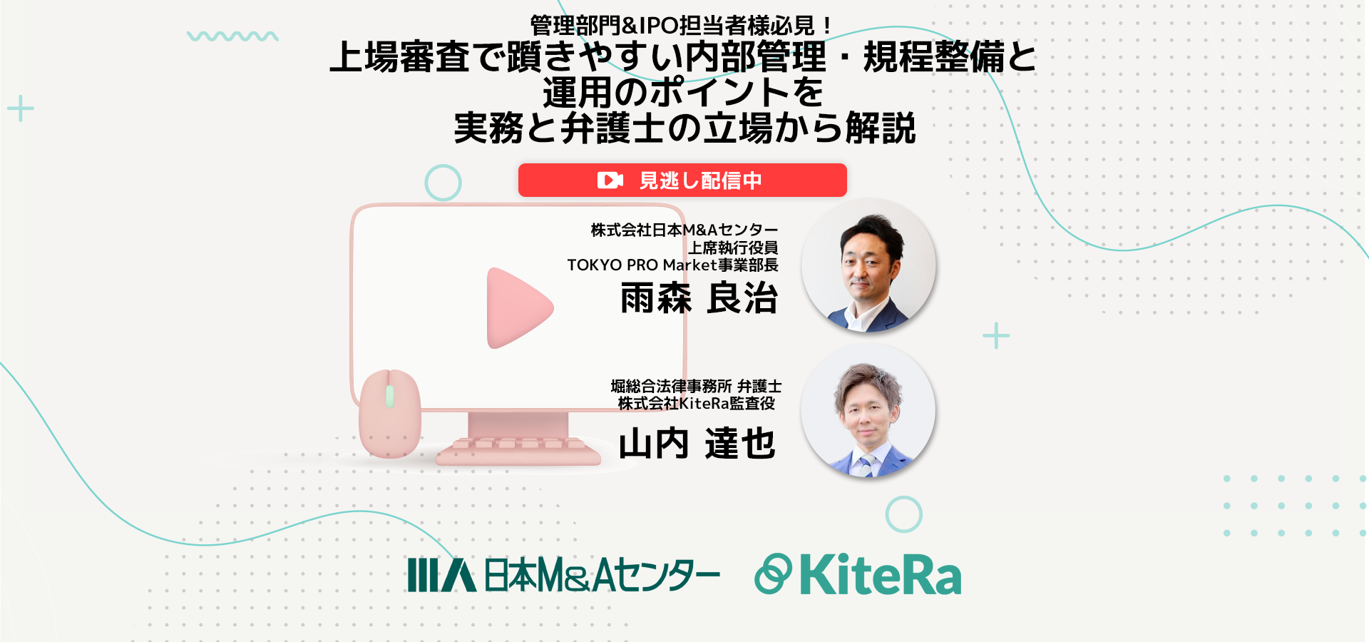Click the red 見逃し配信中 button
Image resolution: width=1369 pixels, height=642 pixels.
(682, 180)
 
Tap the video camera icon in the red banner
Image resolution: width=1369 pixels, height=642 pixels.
(610, 180)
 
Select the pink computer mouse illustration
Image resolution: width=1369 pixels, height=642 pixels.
(389, 413)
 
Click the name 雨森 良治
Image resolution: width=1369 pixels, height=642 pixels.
(699, 297)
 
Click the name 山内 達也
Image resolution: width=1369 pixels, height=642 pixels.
(697, 443)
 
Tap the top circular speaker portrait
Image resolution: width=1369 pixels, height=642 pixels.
(868, 265)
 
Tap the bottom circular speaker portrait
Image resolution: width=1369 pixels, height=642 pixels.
(868, 411)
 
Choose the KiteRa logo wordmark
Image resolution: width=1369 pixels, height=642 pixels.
(881, 574)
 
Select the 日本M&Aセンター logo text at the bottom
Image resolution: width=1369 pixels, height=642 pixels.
(602, 575)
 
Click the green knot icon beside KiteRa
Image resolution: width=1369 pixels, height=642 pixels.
(773, 574)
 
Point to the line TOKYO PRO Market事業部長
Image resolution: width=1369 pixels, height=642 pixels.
(672, 265)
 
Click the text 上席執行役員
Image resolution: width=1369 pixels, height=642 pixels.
(733, 248)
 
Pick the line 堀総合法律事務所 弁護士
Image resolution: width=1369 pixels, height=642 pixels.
(696, 386)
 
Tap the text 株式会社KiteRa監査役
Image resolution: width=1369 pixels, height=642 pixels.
(697, 404)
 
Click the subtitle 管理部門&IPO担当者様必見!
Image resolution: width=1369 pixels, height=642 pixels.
(682, 26)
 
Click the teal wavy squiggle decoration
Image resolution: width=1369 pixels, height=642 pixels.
(232, 36)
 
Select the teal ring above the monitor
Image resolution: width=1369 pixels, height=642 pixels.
(443, 183)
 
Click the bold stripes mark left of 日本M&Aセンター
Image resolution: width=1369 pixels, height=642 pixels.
(441, 575)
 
